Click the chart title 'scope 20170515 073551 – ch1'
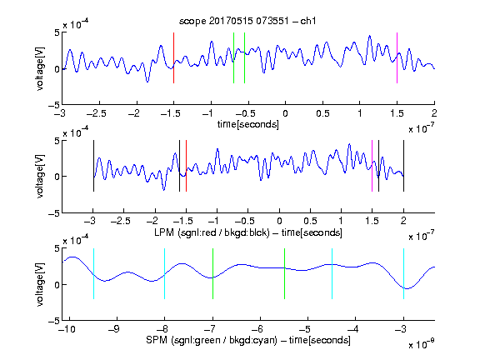[x=247, y=21]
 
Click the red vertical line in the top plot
[x=173, y=57]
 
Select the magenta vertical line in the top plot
[x=397, y=57]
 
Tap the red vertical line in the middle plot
[x=186, y=166]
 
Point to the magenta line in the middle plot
[x=372, y=166]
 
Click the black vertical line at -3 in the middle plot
[x=93, y=166]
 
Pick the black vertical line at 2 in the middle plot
[x=403, y=166]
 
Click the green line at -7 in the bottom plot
[x=212, y=273]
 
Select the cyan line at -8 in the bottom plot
[x=165, y=273]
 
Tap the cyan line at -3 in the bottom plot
[x=403, y=273]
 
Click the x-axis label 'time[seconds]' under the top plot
[x=248, y=124]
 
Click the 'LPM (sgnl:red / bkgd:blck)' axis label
[x=212, y=232]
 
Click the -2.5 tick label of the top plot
[x=97, y=113]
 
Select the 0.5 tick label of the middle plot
[x=310, y=221]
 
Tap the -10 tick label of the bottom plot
[x=67, y=329]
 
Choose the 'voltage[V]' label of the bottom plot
[x=40, y=285]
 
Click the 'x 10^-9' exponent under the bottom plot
[x=421, y=345]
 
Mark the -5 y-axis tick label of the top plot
[x=54, y=105]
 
